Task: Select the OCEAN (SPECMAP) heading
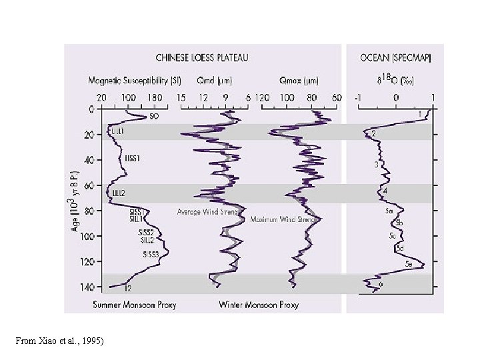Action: [395, 57]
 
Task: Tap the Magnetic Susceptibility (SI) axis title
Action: [135, 81]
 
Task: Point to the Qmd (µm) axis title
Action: [215, 81]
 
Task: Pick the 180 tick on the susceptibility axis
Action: [155, 97]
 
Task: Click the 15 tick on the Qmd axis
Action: [181, 97]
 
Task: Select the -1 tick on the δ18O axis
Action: [358, 97]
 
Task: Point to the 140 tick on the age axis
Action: [87, 287]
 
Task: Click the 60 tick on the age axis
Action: [89, 185]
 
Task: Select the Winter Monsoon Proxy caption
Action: [259, 305]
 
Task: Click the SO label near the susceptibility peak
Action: [154, 116]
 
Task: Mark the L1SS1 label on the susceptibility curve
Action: [133, 159]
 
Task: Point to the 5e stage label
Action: [411, 265]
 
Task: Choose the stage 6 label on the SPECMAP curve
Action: [380, 285]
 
